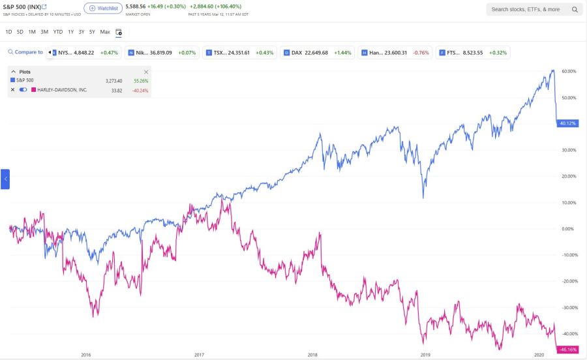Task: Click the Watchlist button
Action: (x=103, y=8)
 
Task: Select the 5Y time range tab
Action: (x=92, y=32)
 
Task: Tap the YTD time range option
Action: (x=58, y=32)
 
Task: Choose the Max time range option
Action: (x=105, y=32)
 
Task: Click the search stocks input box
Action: (x=528, y=10)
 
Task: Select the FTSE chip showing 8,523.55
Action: (x=474, y=52)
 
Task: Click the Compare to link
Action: (x=26, y=52)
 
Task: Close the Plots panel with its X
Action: (x=146, y=72)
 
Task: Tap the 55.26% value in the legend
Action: (x=141, y=81)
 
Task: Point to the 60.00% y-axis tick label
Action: (x=569, y=71)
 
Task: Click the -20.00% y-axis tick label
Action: (x=569, y=281)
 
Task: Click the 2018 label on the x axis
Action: (x=312, y=355)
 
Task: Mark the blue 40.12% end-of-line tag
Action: (x=568, y=123)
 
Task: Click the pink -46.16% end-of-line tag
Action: (x=568, y=350)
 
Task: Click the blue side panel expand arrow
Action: (x=5, y=179)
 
